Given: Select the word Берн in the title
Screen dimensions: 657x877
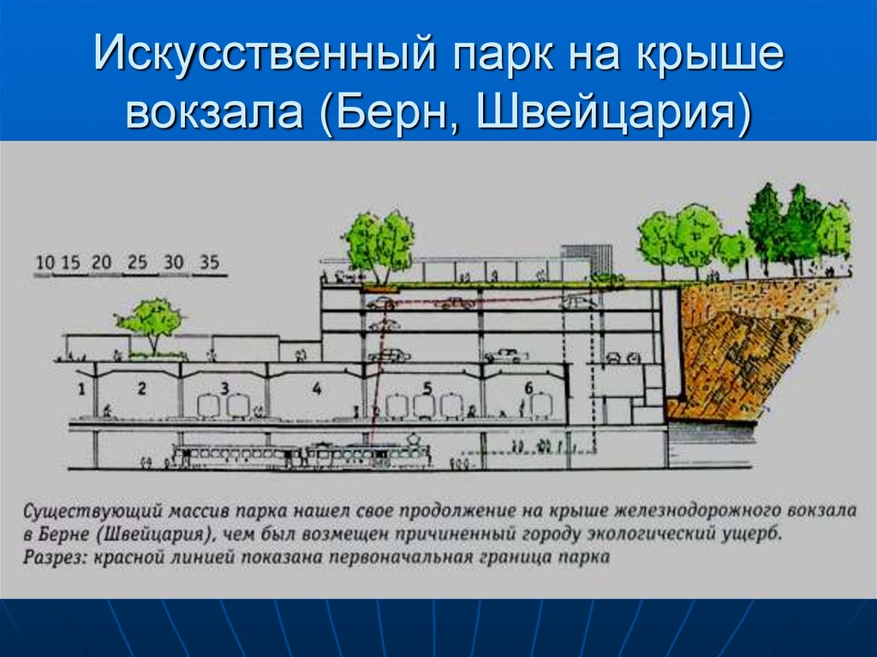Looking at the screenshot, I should [x=395, y=113].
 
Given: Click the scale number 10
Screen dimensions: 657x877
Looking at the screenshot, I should [x=46, y=263].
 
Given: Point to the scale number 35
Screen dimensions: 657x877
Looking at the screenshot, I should [x=210, y=263].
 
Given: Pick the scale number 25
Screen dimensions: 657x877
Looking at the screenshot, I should [x=137, y=263].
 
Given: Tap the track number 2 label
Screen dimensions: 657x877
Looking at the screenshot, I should [x=141, y=388].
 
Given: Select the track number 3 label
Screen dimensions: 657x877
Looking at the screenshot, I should [x=224, y=388].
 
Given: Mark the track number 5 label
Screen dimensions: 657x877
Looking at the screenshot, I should [x=427, y=388].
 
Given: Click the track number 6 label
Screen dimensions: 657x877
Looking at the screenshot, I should [x=528, y=388].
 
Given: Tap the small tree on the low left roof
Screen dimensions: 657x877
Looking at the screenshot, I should [x=150, y=322].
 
